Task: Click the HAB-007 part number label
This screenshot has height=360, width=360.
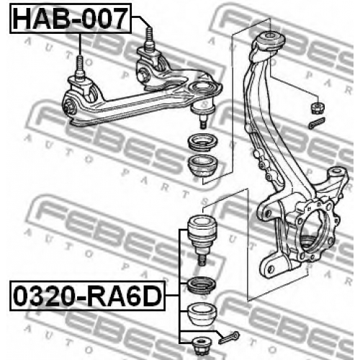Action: (x=71, y=19)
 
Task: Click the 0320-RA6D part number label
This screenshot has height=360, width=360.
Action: (x=88, y=296)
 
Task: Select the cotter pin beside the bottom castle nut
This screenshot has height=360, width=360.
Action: (x=229, y=338)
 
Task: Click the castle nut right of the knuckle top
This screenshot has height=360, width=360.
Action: (x=318, y=108)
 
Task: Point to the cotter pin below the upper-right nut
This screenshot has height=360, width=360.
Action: (x=317, y=123)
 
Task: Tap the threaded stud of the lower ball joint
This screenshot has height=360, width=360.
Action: (x=202, y=260)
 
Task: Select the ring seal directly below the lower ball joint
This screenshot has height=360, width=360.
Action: (x=201, y=285)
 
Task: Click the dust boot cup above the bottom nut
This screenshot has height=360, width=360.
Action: (x=202, y=314)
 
